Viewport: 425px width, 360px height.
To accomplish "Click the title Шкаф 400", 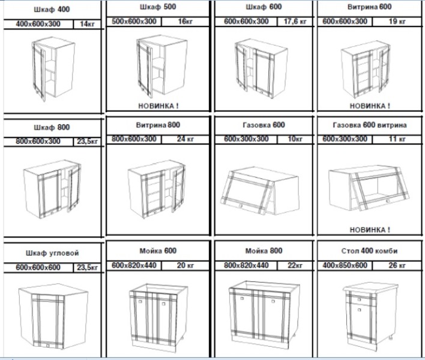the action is click(x=52, y=10).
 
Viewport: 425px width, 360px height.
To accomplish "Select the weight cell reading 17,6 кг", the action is click(x=295, y=22).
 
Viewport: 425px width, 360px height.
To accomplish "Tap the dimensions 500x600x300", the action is click(x=134, y=22).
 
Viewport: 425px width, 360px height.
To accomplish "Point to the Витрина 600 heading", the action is click(x=369, y=7).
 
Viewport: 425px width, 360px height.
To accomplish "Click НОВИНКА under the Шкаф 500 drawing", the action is click(x=158, y=106).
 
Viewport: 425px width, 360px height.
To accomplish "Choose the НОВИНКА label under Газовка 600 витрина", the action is click(x=370, y=230).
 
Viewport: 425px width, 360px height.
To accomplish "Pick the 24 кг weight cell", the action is click(x=185, y=139).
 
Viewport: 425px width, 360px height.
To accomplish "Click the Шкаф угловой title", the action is click(x=52, y=253).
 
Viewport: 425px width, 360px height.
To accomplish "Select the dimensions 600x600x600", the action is click(x=38, y=268).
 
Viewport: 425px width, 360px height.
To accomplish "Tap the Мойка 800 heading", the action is click(x=264, y=251).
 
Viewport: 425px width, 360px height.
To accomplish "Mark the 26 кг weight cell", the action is click(x=397, y=265).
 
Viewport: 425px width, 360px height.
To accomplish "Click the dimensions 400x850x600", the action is click(x=345, y=265).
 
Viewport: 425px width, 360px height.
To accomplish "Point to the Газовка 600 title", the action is click(x=264, y=125).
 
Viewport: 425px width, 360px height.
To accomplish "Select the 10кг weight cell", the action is click(x=295, y=139).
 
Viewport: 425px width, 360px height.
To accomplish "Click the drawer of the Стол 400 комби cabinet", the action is click(x=360, y=299).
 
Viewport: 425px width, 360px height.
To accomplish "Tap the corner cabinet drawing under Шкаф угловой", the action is click(x=53, y=316).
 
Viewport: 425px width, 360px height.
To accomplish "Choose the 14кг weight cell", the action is click(x=87, y=24).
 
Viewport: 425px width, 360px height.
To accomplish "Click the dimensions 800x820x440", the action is click(x=246, y=265).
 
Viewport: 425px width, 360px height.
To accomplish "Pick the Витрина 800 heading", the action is click(x=158, y=125).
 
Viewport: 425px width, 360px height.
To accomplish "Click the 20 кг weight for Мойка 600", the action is click(x=185, y=265).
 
